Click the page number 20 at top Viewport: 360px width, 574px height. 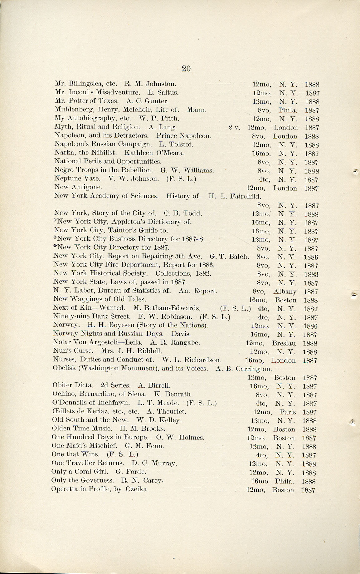(x=186, y=69)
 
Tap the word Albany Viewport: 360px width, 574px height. (x=285, y=292)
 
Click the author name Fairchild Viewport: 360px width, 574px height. (x=246, y=196)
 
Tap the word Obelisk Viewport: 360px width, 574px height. (x=64, y=368)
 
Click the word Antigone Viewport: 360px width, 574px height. (x=86, y=187)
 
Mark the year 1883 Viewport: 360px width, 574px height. (x=311, y=275)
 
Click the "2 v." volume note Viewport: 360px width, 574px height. (x=234, y=127)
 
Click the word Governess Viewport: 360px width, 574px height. (x=100, y=480)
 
